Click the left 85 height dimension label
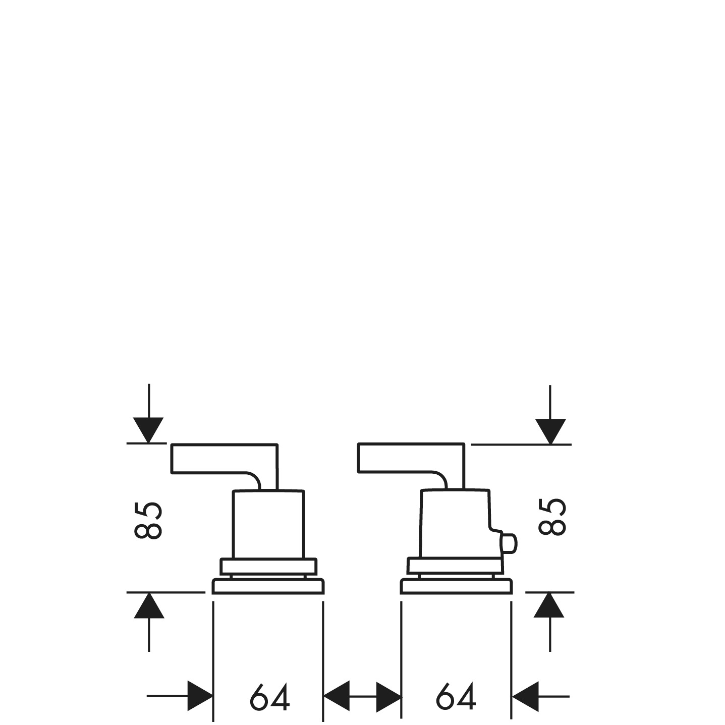coord(148,520)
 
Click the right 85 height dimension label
coord(552,517)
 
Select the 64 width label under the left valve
coord(269,698)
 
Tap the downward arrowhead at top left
coord(148,430)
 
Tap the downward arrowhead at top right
coord(550,431)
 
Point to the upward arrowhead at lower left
coord(149,605)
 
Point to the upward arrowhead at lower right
coord(549,605)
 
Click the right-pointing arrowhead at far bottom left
coord(200,696)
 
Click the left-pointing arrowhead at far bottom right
coord(525,697)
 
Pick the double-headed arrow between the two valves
coord(362,697)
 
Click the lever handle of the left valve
coord(222,459)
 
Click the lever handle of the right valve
coord(409,459)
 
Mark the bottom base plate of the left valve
coord(268,587)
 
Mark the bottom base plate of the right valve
coord(456,587)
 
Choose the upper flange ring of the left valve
coord(268,566)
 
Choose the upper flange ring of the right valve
coord(456,566)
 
